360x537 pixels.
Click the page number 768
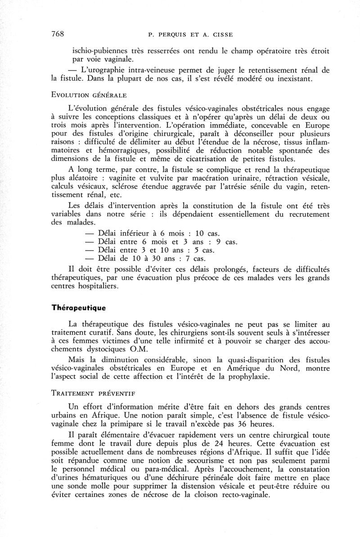pos(57,34)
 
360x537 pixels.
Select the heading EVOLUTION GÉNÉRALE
pos(90,95)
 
